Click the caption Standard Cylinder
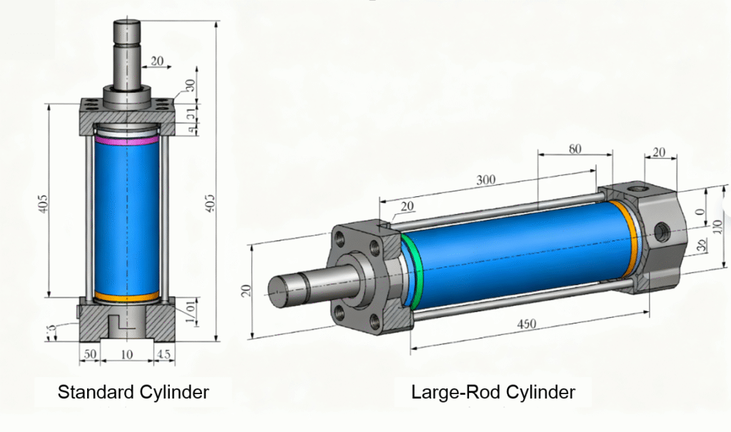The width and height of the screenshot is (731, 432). (133, 392)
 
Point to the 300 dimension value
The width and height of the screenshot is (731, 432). (485, 180)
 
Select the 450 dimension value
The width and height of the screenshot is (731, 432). (526, 325)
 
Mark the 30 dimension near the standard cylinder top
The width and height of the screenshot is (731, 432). (190, 84)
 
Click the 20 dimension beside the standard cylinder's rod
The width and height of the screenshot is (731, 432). (158, 61)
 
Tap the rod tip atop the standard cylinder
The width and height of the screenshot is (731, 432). (127, 32)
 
